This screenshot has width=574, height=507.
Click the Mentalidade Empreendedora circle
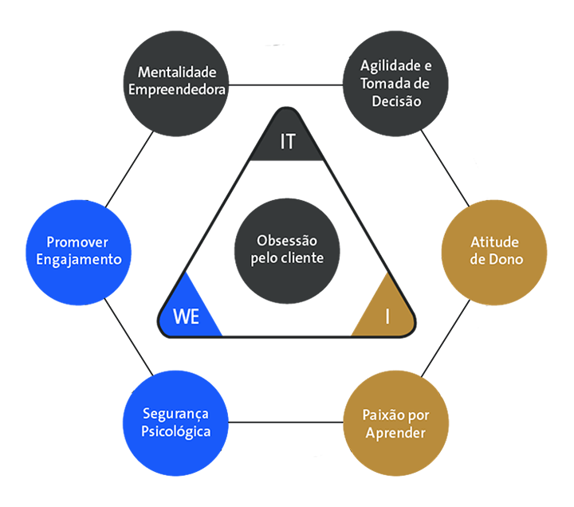pos(177,82)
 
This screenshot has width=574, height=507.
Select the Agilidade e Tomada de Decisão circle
pos(396,82)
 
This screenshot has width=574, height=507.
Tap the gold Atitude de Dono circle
pos(494,250)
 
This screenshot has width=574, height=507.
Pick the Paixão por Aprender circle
pos(395,424)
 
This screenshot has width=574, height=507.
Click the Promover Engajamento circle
pos(78,250)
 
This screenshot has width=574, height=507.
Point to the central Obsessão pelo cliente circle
pos(287,249)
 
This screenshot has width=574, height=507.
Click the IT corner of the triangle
pos(288,142)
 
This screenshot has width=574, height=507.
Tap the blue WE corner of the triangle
pos(188,315)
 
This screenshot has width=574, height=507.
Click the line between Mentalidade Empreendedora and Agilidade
pos(287,83)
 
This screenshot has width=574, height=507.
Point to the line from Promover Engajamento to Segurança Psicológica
pos(128,336)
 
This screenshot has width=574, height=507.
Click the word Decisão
pos(396,101)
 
